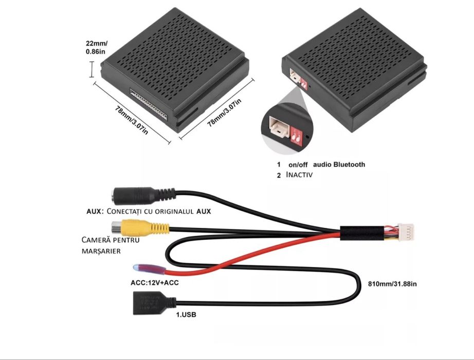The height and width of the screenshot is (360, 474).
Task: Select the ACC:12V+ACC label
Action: (x=151, y=282)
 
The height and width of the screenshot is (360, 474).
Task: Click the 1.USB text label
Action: (x=186, y=314)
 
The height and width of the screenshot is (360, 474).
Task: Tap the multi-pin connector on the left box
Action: (x=149, y=104)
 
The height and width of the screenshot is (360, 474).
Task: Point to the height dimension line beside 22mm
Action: (x=92, y=69)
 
